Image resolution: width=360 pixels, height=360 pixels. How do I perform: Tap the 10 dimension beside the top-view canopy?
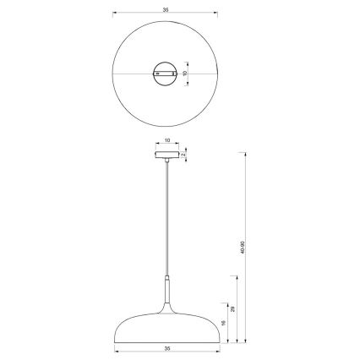click(x=184, y=74)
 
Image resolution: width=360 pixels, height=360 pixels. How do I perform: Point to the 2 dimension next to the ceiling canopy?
click(x=185, y=155)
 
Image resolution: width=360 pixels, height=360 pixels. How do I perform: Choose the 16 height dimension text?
click(x=221, y=323)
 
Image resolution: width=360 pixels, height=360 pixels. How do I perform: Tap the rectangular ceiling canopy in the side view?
click(x=166, y=155)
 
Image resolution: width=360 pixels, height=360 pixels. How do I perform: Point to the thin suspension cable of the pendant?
click(x=166, y=220)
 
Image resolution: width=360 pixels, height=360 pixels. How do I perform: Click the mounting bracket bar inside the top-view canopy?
click(x=166, y=74)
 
